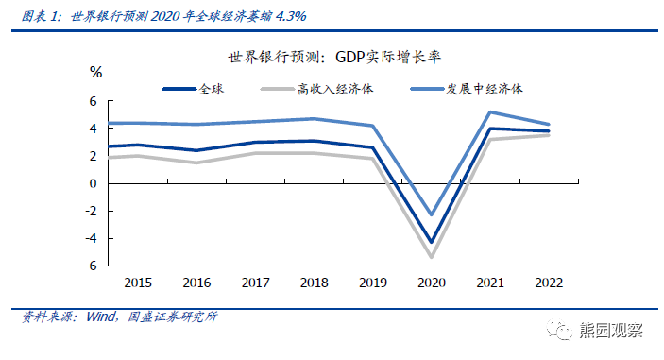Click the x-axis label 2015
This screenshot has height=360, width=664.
[138, 283]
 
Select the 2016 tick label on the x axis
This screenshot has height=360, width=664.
[196, 283]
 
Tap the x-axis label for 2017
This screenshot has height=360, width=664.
[255, 283]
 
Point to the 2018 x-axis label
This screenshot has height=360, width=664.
[314, 283]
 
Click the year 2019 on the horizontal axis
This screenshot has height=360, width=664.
[373, 283]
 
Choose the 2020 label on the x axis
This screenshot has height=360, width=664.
[432, 283]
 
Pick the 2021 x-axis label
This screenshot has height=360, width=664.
[491, 283]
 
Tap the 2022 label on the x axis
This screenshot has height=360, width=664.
[550, 283]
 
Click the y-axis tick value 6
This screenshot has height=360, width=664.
[94, 101]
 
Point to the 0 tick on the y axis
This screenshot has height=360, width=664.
[94, 184]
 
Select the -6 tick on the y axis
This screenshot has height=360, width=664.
[92, 266]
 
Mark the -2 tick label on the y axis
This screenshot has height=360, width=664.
[92, 212]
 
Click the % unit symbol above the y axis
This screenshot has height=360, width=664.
[95, 72]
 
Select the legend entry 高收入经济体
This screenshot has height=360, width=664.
[334, 89]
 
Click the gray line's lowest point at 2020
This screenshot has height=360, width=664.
[432, 257]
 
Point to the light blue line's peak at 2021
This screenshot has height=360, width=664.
[491, 112]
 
